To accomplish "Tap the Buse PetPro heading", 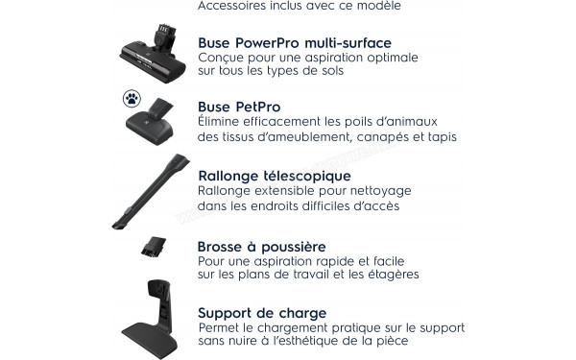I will [239, 107].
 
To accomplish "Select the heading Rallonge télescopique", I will [274, 176].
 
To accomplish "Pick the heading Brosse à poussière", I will [261, 247].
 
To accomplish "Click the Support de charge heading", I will [262, 313].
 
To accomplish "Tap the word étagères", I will [391, 276].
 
